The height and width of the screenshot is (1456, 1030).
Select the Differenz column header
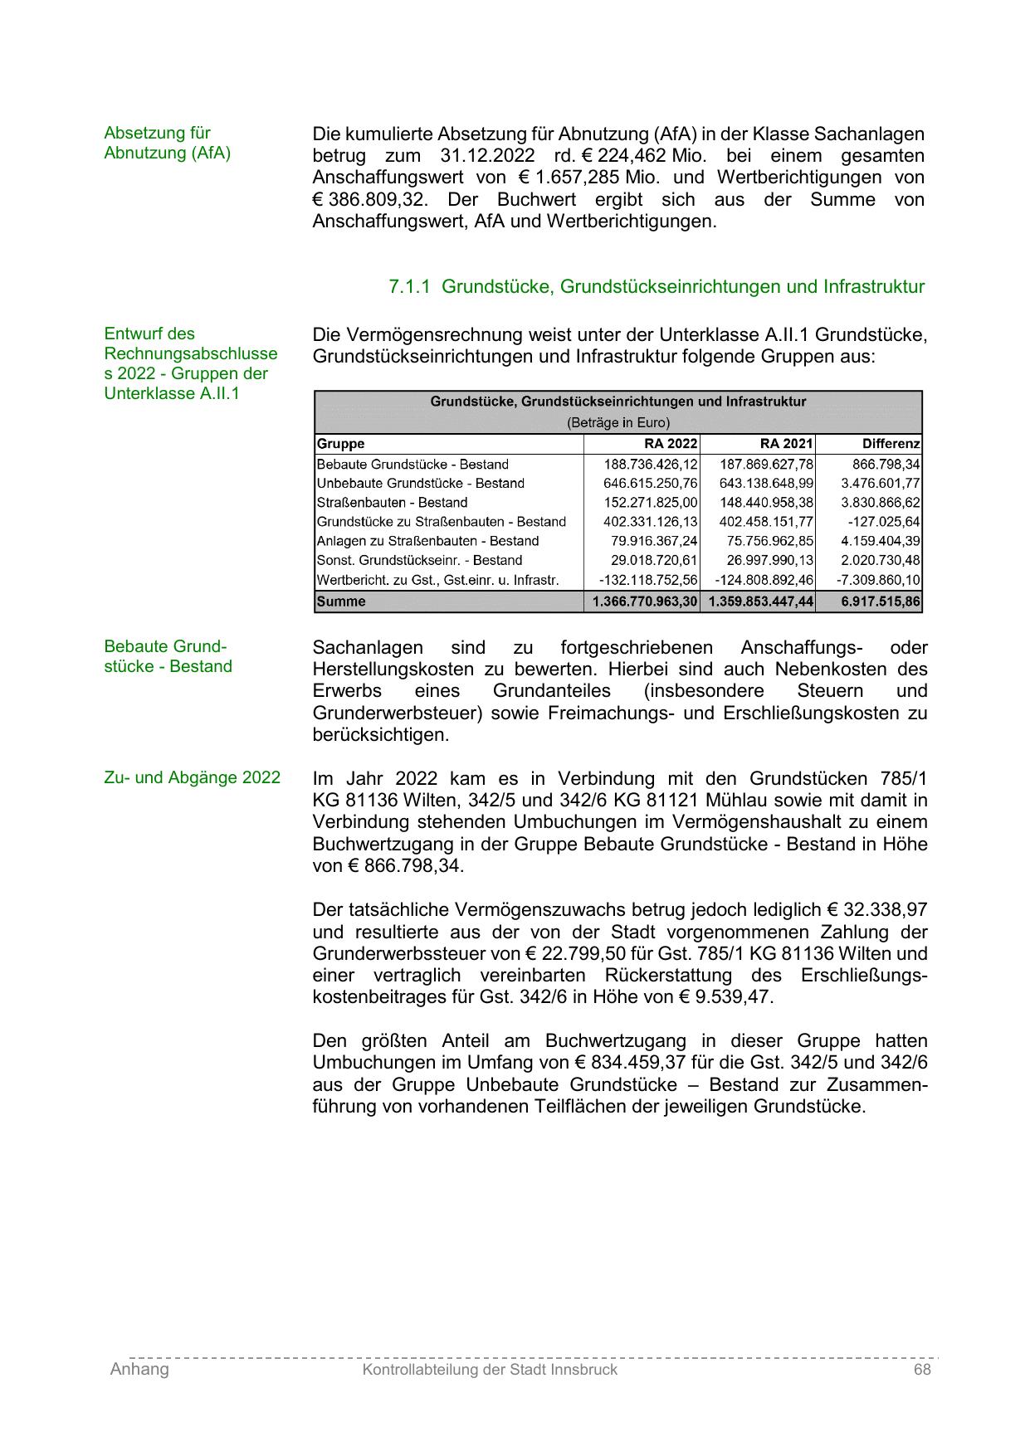[x=891, y=444]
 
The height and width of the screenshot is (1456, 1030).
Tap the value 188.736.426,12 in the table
[x=651, y=465]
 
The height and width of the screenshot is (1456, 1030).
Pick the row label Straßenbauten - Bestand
[x=392, y=503]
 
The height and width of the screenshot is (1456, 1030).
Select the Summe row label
[x=341, y=601]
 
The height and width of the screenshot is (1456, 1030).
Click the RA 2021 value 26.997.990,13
[x=769, y=560]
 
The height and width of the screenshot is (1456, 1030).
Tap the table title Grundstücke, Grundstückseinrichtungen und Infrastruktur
[x=618, y=402]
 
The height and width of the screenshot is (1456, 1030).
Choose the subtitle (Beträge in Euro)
[x=618, y=422]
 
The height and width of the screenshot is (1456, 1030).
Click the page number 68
[x=922, y=1370]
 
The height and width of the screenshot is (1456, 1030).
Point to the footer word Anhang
[x=139, y=1370]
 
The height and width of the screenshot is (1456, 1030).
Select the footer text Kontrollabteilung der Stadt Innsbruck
[x=490, y=1370]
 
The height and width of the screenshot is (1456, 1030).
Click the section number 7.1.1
[x=409, y=287]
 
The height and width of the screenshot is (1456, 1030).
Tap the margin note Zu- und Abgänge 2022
[x=192, y=778]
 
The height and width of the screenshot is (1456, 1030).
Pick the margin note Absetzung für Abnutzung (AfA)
[x=167, y=143]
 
